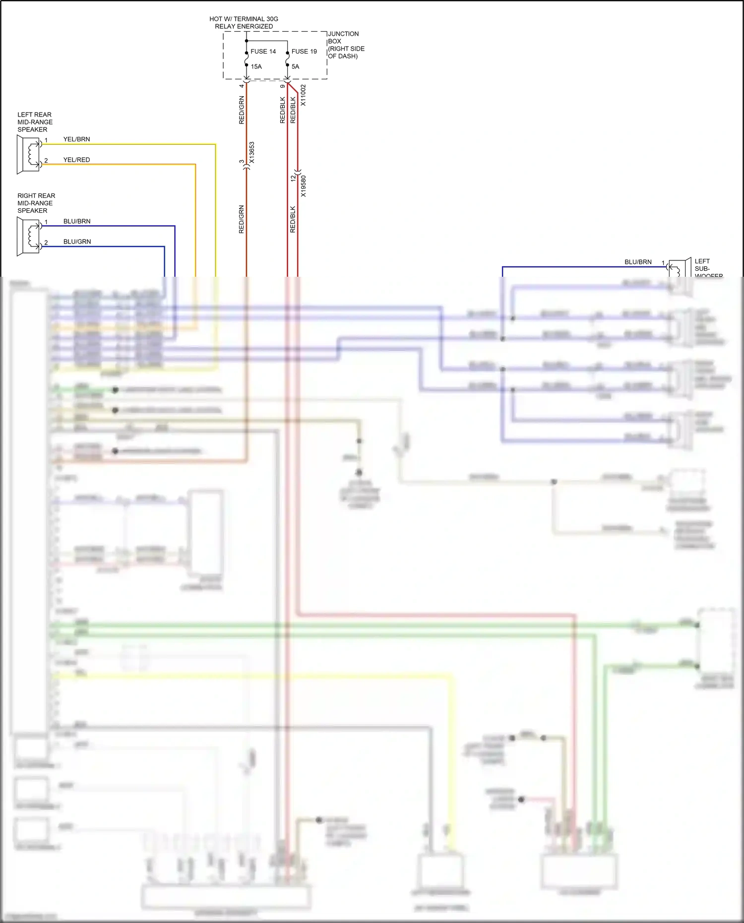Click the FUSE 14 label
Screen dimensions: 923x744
click(x=263, y=52)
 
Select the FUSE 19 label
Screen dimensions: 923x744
click(x=304, y=52)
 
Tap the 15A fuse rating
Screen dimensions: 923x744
click(x=256, y=66)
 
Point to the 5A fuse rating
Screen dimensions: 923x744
click(x=295, y=66)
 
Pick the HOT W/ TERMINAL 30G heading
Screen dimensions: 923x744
click(x=244, y=19)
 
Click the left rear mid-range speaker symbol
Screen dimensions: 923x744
click(x=29, y=154)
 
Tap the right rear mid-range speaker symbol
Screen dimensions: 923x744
click(x=29, y=236)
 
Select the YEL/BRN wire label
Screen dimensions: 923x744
click(x=76, y=139)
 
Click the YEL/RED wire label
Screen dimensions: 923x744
click(x=76, y=160)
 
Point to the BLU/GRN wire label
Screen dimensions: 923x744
click(x=77, y=242)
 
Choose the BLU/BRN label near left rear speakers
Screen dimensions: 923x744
click(x=77, y=221)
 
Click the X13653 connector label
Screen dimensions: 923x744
click(x=252, y=153)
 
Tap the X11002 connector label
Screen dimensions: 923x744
click(x=304, y=95)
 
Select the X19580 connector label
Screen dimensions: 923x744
click(x=304, y=186)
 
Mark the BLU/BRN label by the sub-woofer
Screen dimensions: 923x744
click(x=638, y=262)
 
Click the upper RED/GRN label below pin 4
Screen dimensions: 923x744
click(x=242, y=110)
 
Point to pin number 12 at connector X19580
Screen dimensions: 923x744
click(x=293, y=177)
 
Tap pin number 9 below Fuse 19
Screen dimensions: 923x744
click(x=282, y=86)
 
